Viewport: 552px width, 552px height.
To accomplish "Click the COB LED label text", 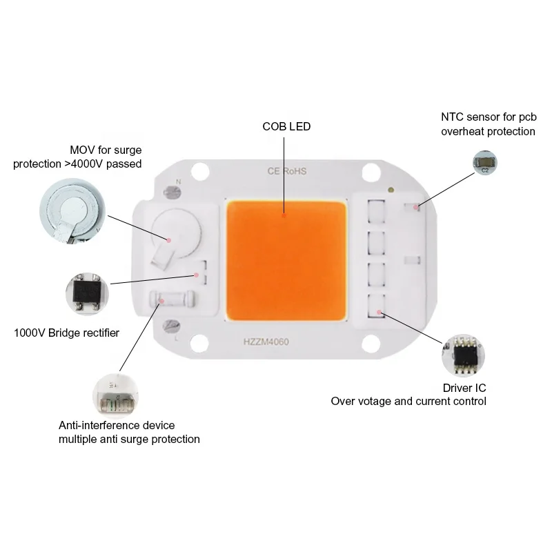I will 286,126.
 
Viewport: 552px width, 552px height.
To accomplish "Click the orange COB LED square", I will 285,259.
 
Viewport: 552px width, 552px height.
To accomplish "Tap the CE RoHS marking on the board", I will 285,170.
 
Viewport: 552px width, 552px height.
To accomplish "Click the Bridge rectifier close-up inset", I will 86,295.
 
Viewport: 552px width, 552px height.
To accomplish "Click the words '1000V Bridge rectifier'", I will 67,333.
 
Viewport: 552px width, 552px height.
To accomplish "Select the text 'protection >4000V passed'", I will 77,164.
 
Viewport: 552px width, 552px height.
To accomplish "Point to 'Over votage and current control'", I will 408,401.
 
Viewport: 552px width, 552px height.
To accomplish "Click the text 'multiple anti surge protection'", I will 129,439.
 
